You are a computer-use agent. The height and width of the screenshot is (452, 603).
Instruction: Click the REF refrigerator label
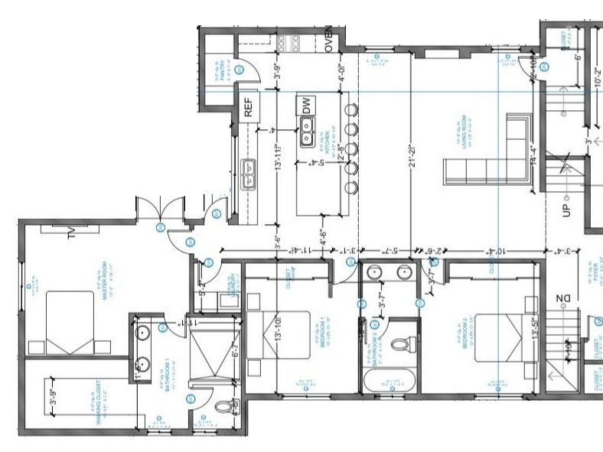point(249,108)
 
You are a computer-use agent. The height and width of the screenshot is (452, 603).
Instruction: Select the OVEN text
point(329,41)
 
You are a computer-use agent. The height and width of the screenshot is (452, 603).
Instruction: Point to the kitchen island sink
point(308,139)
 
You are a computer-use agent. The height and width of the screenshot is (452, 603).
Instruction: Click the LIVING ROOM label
point(463,130)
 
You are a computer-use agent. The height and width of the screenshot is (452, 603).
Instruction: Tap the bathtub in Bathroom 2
point(393,381)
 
